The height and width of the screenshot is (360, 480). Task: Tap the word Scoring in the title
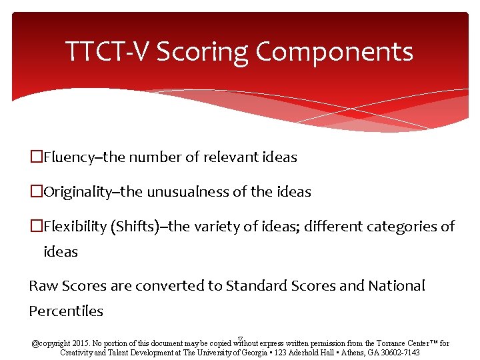click(208, 51)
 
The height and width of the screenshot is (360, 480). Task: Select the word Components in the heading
click(340, 51)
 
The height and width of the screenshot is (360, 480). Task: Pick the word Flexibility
click(74, 227)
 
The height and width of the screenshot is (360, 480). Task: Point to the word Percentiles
click(66, 311)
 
